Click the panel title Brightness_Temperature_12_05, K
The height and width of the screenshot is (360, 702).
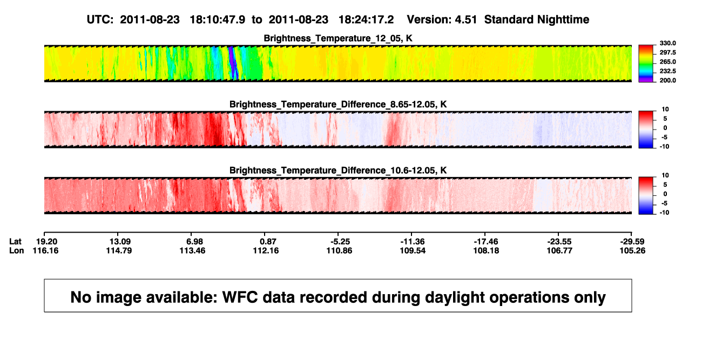tap(338, 38)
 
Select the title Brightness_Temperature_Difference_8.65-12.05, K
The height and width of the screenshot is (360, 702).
tap(338, 104)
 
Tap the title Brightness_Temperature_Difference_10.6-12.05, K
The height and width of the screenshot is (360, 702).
tap(338, 171)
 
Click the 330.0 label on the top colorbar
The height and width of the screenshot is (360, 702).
tap(667, 43)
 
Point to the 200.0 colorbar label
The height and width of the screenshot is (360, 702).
tap(667, 80)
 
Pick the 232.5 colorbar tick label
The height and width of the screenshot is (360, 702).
tap(667, 71)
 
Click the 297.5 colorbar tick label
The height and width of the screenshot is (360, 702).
tap(667, 52)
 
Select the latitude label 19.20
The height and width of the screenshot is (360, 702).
tap(46, 242)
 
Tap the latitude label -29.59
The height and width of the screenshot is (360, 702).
tap(632, 242)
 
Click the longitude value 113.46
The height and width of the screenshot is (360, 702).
tap(192, 250)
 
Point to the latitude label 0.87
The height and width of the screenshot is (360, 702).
tap(268, 242)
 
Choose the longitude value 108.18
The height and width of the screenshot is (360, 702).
tap(486, 250)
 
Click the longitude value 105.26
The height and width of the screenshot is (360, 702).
tap(632, 250)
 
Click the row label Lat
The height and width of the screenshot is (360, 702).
tap(15, 242)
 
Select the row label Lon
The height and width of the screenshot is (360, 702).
tap(16, 250)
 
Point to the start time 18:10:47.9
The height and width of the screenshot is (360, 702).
tap(218, 20)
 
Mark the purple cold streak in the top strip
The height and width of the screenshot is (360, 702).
tap(233, 63)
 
